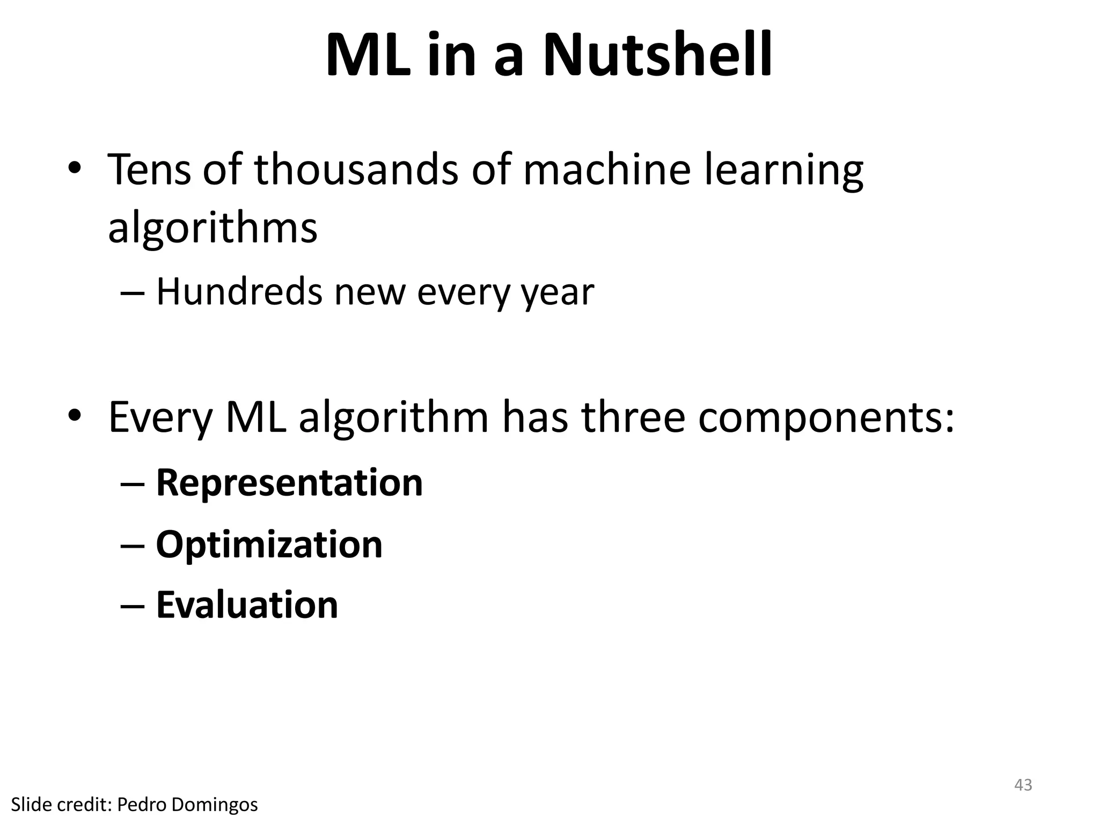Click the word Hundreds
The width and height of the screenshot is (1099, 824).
point(239,292)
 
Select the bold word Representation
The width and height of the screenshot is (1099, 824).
point(289,483)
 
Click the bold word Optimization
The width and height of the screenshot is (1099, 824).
point(269,545)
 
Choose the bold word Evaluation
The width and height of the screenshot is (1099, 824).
point(247,605)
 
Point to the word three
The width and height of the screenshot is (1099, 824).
point(633,417)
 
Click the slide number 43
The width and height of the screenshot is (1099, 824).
point(1023,785)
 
